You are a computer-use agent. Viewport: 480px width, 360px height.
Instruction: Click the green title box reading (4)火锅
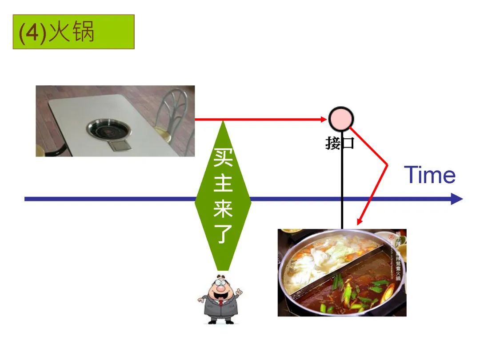pyautogui.click(x=73, y=32)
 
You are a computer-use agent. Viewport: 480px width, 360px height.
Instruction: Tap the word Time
pyautogui.click(x=429, y=175)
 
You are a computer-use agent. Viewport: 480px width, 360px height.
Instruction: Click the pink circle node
pyautogui.click(x=341, y=119)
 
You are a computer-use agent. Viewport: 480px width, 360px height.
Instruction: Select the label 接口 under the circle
pyautogui.click(x=340, y=143)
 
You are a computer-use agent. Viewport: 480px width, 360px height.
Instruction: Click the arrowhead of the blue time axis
pyautogui.click(x=457, y=199)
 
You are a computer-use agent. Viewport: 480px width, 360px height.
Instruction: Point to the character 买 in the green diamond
pyautogui.click(x=223, y=157)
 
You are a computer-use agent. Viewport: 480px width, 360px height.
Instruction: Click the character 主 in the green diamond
pyautogui.click(x=223, y=183)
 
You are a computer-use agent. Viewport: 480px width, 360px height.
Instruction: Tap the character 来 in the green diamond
pyautogui.click(x=223, y=208)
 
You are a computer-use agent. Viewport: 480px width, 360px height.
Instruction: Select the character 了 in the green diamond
pyautogui.click(x=223, y=234)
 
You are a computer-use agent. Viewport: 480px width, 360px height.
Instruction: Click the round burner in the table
pyautogui.click(x=109, y=129)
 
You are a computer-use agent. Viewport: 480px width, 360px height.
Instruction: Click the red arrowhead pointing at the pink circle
pyautogui.click(x=324, y=119)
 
